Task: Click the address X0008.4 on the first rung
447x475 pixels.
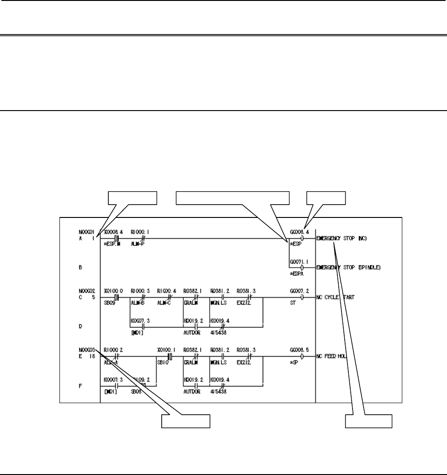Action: point(112,233)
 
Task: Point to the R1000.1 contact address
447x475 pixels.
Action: point(139,233)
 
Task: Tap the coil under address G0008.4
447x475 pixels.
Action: point(302,239)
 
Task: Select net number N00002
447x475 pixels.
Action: point(87,291)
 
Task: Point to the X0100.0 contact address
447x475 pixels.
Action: point(112,291)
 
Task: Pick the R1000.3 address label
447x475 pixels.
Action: point(139,291)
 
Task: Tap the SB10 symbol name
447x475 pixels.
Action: point(162,362)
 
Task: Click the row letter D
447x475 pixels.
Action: point(81,326)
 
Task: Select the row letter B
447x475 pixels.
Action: point(81,267)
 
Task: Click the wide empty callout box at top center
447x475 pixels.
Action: point(234,198)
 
